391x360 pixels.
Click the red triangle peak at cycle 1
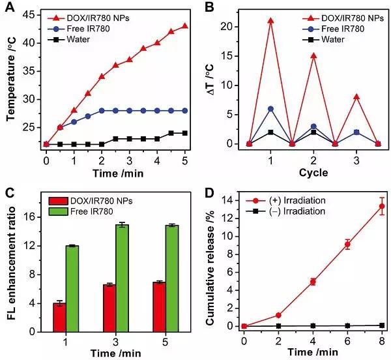click(x=270, y=21)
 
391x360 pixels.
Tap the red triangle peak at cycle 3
click(x=356, y=97)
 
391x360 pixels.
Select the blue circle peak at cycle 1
click(x=270, y=108)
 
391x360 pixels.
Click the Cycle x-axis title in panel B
click(x=313, y=173)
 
